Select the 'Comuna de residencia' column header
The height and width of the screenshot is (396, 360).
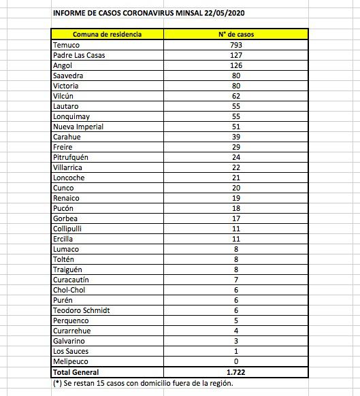point(107,34)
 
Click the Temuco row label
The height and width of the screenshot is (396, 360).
point(66,45)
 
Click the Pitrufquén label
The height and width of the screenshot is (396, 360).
point(71,157)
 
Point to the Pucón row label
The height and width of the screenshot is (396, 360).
point(63,208)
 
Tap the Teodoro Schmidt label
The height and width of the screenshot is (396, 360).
point(81,310)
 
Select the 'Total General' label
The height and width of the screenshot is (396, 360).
point(76,372)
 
